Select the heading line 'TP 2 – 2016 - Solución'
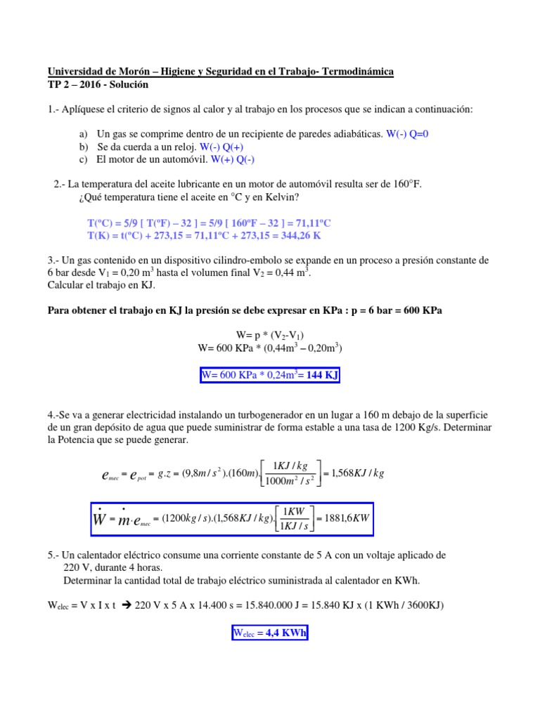click(x=98, y=85)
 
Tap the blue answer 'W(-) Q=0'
click(x=408, y=133)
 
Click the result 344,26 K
click(x=296, y=235)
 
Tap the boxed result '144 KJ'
click(x=322, y=376)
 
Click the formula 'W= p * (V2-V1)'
click(x=270, y=335)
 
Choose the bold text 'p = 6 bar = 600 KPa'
click(x=393, y=310)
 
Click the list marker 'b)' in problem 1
click(x=84, y=147)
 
